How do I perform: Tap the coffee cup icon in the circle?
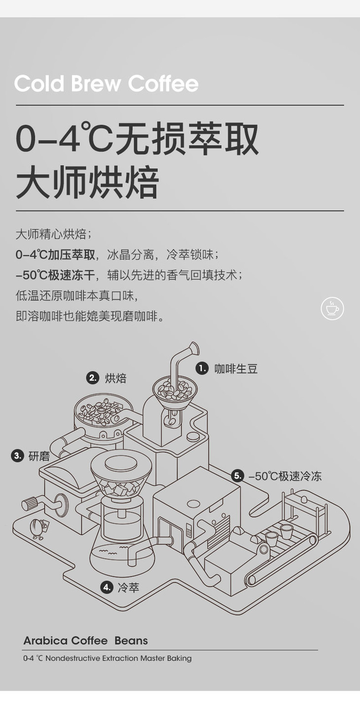pyautogui.click(x=332, y=308)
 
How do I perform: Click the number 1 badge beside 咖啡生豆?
pyautogui.click(x=202, y=368)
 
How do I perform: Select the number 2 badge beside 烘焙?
pyautogui.click(x=93, y=378)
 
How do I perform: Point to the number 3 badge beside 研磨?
pyautogui.click(x=17, y=456)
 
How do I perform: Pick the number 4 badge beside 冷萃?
pyautogui.click(x=107, y=587)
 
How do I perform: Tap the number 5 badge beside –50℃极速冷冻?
pyautogui.click(x=238, y=476)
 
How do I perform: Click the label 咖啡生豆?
pyautogui.click(x=236, y=369)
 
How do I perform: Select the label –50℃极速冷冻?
pyautogui.click(x=285, y=476)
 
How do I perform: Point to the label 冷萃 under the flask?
pyautogui.click(x=129, y=587)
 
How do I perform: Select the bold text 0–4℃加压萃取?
pyautogui.click(x=55, y=254)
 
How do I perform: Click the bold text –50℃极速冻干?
pyautogui.click(x=55, y=275)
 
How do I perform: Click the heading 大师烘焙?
pyautogui.click(x=87, y=183)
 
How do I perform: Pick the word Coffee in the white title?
pyautogui.click(x=163, y=83)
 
